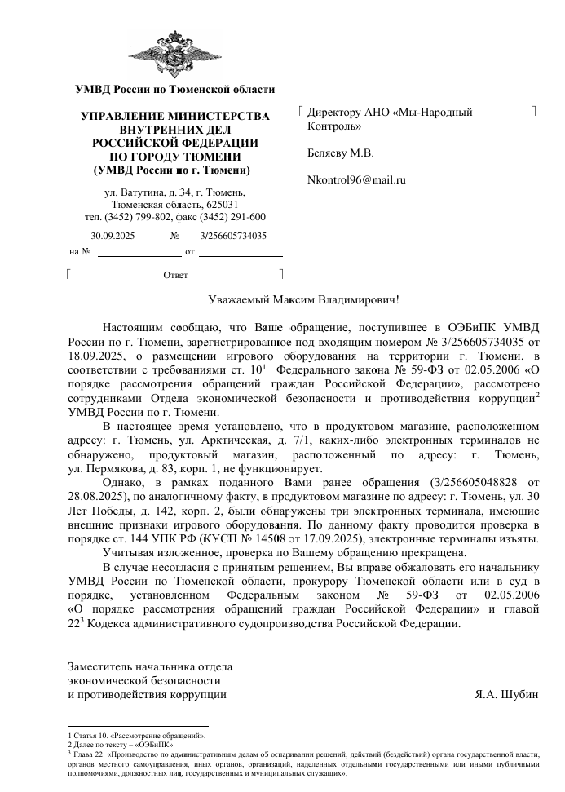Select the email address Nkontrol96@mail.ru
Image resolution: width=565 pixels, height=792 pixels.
pos(356,179)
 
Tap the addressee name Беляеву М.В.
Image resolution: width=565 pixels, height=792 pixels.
pos(340,153)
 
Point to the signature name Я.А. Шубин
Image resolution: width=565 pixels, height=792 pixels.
pos(506,695)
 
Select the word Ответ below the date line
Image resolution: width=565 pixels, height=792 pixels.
pos(175,275)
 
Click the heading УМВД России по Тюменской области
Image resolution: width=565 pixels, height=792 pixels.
pos(174,89)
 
